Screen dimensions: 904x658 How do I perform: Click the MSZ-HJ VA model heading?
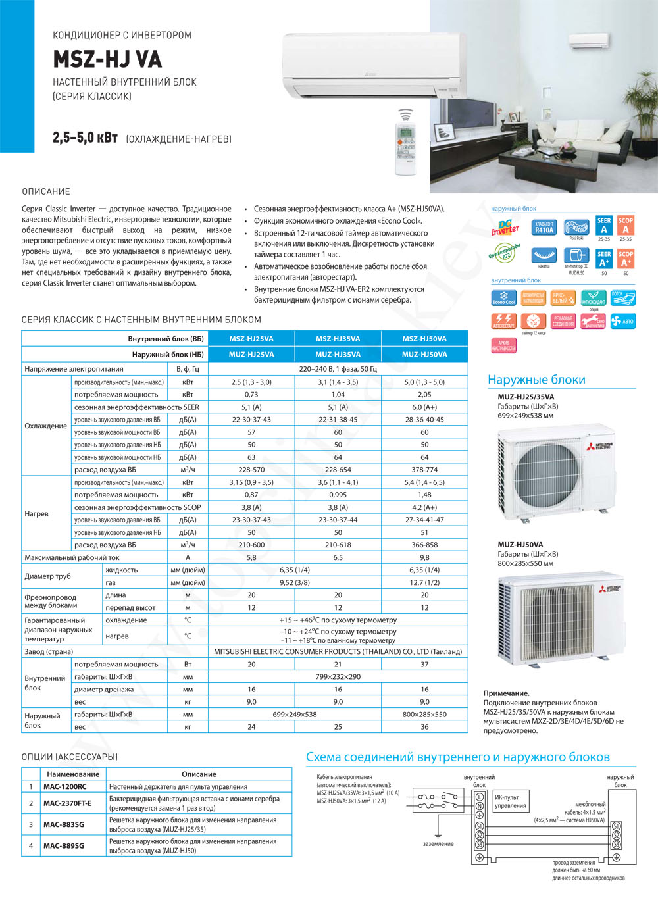pyautogui.click(x=107, y=60)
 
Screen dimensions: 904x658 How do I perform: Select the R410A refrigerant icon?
pyautogui.click(x=544, y=228)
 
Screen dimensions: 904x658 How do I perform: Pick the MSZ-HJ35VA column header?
pyautogui.click(x=338, y=339)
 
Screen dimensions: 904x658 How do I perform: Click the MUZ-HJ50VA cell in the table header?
pyautogui.click(x=424, y=355)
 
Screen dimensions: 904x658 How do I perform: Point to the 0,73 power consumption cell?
pyautogui.click(x=251, y=395)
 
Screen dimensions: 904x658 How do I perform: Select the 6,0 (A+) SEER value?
pyautogui.click(x=424, y=407)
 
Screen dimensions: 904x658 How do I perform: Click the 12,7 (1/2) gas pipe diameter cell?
pyautogui.click(x=424, y=582)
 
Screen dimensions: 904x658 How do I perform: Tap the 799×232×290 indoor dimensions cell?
pyautogui.click(x=338, y=676)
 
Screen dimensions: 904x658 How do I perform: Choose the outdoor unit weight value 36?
pyautogui.click(x=424, y=727)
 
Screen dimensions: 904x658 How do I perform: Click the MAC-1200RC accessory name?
pyautogui.click(x=64, y=787)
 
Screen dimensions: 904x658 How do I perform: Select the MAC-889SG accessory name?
pyautogui.click(x=64, y=845)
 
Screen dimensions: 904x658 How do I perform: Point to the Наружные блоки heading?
pyautogui.click(x=536, y=380)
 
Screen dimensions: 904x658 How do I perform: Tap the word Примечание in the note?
pyautogui.click(x=506, y=693)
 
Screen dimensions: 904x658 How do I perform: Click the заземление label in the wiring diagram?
pyautogui.click(x=438, y=843)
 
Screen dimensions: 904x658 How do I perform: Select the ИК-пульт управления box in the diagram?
pyautogui.click(x=511, y=801)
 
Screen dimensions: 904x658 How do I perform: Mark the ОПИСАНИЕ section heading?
pyautogui.click(x=46, y=191)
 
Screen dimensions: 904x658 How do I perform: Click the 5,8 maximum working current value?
pyautogui.click(x=251, y=557)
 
